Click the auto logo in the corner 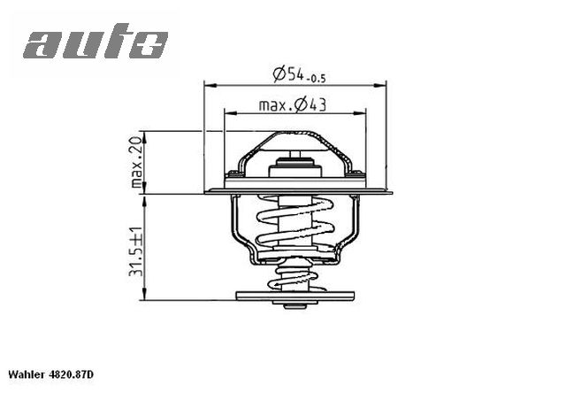[95, 42]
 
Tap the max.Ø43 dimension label [294, 105]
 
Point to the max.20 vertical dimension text [136, 162]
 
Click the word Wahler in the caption [27, 376]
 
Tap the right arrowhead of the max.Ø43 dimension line [361, 114]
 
